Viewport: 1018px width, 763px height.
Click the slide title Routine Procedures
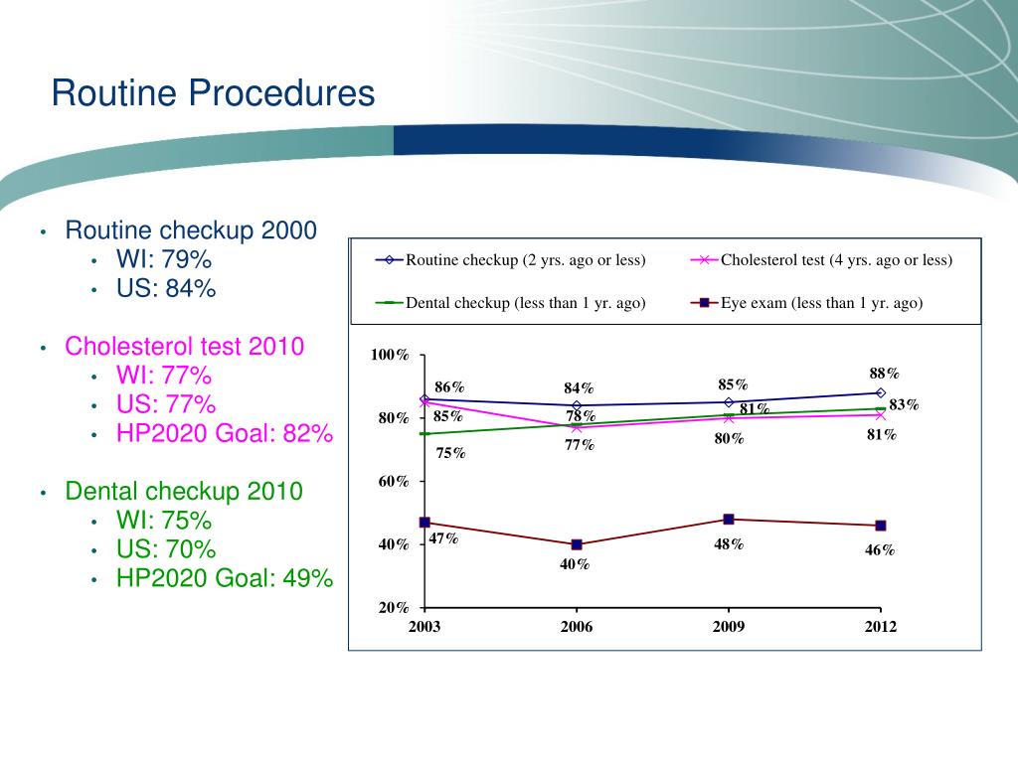click(x=213, y=93)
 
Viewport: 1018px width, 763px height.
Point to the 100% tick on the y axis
click(x=390, y=356)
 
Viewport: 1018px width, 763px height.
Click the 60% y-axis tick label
click(x=394, y=482)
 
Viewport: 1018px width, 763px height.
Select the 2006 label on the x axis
click(x=577, y=627)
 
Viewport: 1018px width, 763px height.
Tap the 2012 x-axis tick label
click(x=881, y=627)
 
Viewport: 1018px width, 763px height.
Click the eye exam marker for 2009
click(x=729, y=519)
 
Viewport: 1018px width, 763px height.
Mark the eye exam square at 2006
click(x=577, y=544)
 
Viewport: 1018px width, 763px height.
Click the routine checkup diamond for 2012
click(x=881, y=392)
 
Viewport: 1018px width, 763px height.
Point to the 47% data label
click(x=443, y=538)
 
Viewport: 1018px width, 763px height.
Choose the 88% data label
click(x=884, y=374)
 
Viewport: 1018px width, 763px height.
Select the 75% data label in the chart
click(x=450, y=453)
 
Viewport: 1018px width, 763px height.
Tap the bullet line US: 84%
click(x=166, y=289)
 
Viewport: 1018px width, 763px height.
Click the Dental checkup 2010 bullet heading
click(x=184, y=491)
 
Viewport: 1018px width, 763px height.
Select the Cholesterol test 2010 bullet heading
click(x=185, y=346)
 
